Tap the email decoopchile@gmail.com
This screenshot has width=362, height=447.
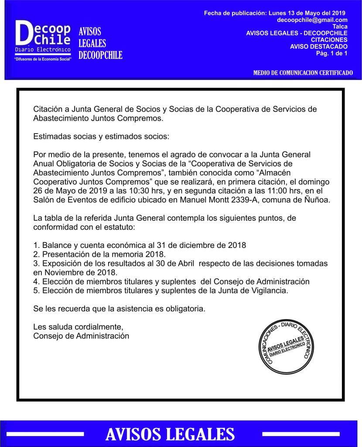[312, 20]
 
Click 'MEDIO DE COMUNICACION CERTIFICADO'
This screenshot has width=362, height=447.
[303, 73]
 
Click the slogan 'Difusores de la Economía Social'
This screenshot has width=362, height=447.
[43, 58]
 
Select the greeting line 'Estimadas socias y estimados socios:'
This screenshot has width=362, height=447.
[101, 136]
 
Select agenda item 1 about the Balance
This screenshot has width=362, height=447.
[140, 245]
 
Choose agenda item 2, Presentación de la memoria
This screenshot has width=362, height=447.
[100, 254]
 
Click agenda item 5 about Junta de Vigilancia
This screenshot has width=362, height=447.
[161, 291]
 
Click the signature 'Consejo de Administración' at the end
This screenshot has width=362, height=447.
[81, 336]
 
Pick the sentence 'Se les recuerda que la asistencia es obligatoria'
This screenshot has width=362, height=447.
[119, 309]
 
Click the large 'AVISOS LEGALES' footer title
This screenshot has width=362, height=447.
[170, 434]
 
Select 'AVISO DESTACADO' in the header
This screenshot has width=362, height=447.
[318, 47]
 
